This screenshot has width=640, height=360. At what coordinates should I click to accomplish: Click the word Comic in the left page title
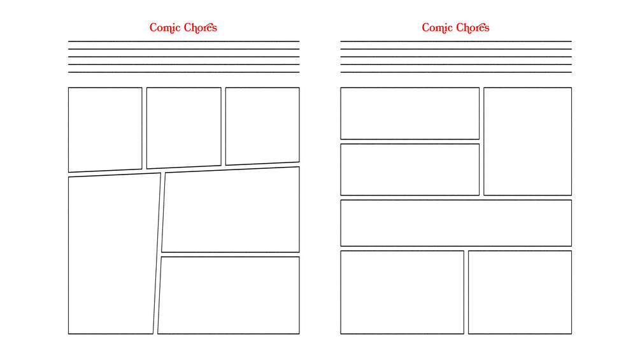pyautogui.click(x=165, y=28)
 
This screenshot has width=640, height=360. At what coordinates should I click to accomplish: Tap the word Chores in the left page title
pyautogui.click(x=201, y=28)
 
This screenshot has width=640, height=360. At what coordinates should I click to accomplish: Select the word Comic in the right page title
pyautogui.click(x=437, y=28)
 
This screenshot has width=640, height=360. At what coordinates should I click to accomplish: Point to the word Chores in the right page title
pyautogui.click(x=473, y=28)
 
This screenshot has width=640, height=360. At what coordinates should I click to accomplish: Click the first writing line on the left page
pyautogui.click(x=183, y=41)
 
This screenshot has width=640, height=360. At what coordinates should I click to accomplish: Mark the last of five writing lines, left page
pyautogui.click(x=183, y=72)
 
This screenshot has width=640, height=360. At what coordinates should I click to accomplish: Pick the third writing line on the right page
pyautogui.click(x=456, y=57)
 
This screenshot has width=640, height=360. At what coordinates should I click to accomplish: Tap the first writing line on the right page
pyautogui.click(x=456, y=41)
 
